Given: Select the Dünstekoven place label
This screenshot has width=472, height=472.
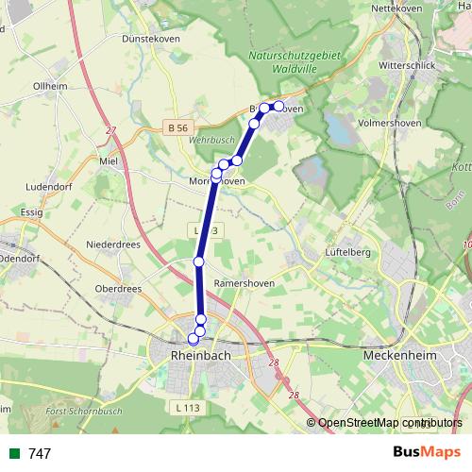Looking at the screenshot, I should [150, 39].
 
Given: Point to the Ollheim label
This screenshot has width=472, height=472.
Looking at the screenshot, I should [51, 86].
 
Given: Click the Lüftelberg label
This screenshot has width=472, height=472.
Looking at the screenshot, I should [347, 253].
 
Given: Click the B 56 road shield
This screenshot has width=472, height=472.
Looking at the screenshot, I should [176, 126].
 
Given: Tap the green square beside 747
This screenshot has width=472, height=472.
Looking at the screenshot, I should [13, 454].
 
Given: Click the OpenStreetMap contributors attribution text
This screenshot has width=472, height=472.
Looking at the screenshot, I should [384, 423].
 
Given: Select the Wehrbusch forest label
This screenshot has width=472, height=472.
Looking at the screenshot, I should [211, 140].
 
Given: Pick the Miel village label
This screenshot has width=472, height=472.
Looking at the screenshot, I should [108, 160].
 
